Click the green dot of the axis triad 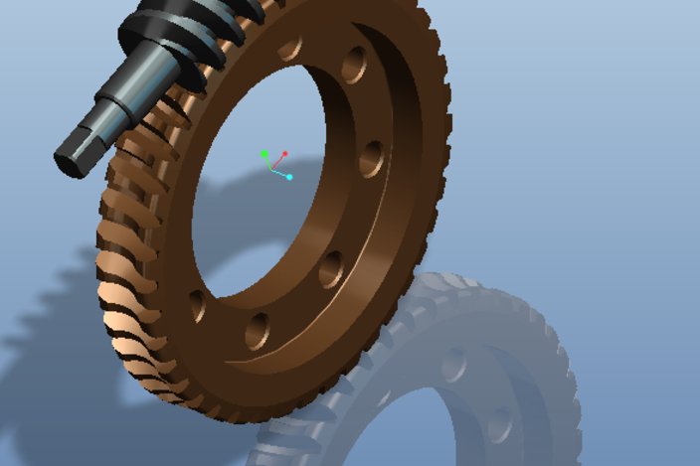(263, 154)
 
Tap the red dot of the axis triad (285, 154)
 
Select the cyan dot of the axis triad (289, 177)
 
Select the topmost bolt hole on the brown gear (290, 48)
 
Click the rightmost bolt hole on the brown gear (372, 158)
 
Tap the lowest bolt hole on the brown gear (258, 329)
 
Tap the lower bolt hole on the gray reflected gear (498, 424)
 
